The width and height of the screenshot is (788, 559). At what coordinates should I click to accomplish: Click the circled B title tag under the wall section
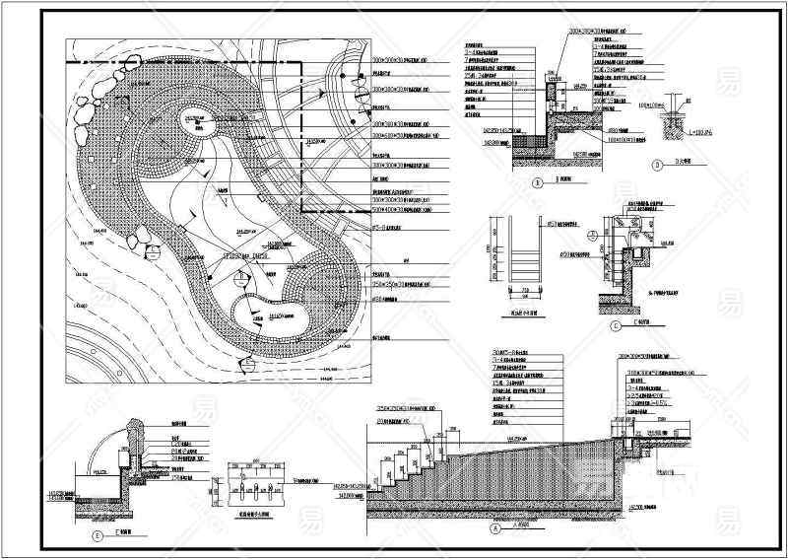[x=538, y=182]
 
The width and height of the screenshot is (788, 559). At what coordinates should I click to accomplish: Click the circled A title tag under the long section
[x=485, y=527]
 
